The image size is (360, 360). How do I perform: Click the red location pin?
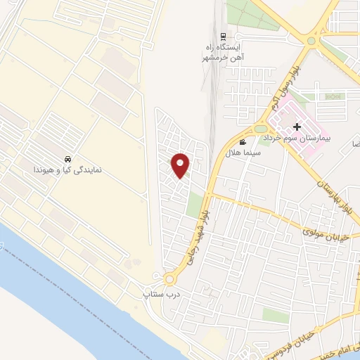pos(181,165)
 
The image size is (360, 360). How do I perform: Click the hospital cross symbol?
pos(297,127)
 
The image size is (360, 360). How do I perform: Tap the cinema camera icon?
pos(243,143)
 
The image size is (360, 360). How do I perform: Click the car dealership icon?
pos(67,159)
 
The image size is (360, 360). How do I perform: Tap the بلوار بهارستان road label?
pos(333,187)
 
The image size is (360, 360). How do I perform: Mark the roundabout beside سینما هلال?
pos(258,129)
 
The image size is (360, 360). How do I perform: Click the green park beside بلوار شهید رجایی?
pos(195,205)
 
